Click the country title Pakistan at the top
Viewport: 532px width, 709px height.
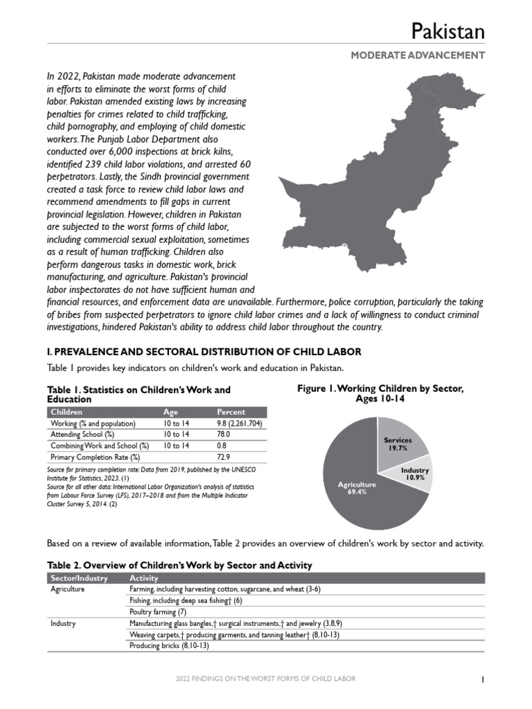tap(447, 31)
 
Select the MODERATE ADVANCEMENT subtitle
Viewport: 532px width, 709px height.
tap(418, 55)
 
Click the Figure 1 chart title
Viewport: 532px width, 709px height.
tap(380, 394)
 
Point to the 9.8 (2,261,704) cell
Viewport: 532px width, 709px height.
tap(239, 423)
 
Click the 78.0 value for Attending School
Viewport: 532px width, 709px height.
tap(224, 434)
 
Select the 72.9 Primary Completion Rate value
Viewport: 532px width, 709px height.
tap(224, 457)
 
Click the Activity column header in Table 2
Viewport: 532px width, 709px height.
tap(144, 578)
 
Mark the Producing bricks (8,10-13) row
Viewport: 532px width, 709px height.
tap(168, 645)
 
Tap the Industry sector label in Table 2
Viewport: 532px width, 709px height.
tap(64, 623)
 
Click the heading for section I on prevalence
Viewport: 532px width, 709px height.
tap(203, 352)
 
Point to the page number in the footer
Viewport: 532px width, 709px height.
tap(482, 679)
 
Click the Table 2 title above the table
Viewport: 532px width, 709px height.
tap(179, 565)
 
